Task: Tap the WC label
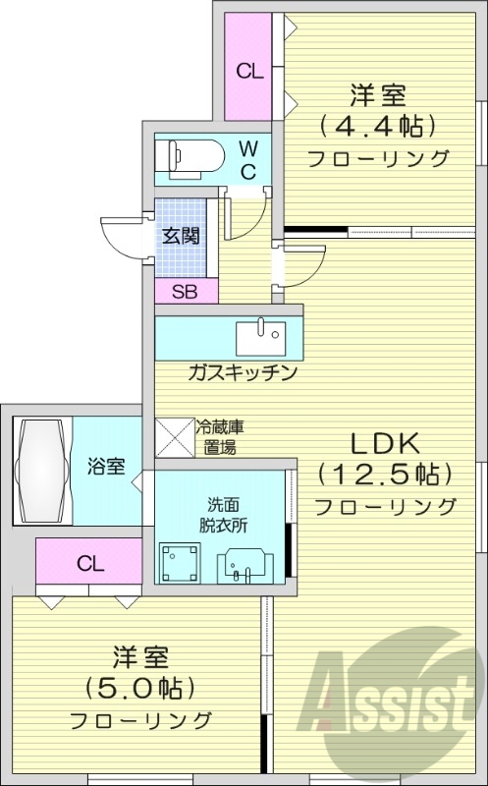249,159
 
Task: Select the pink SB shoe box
186,291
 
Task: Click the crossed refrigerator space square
175,437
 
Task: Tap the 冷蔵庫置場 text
221,438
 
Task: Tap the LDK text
384,441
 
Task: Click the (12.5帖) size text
384,474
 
